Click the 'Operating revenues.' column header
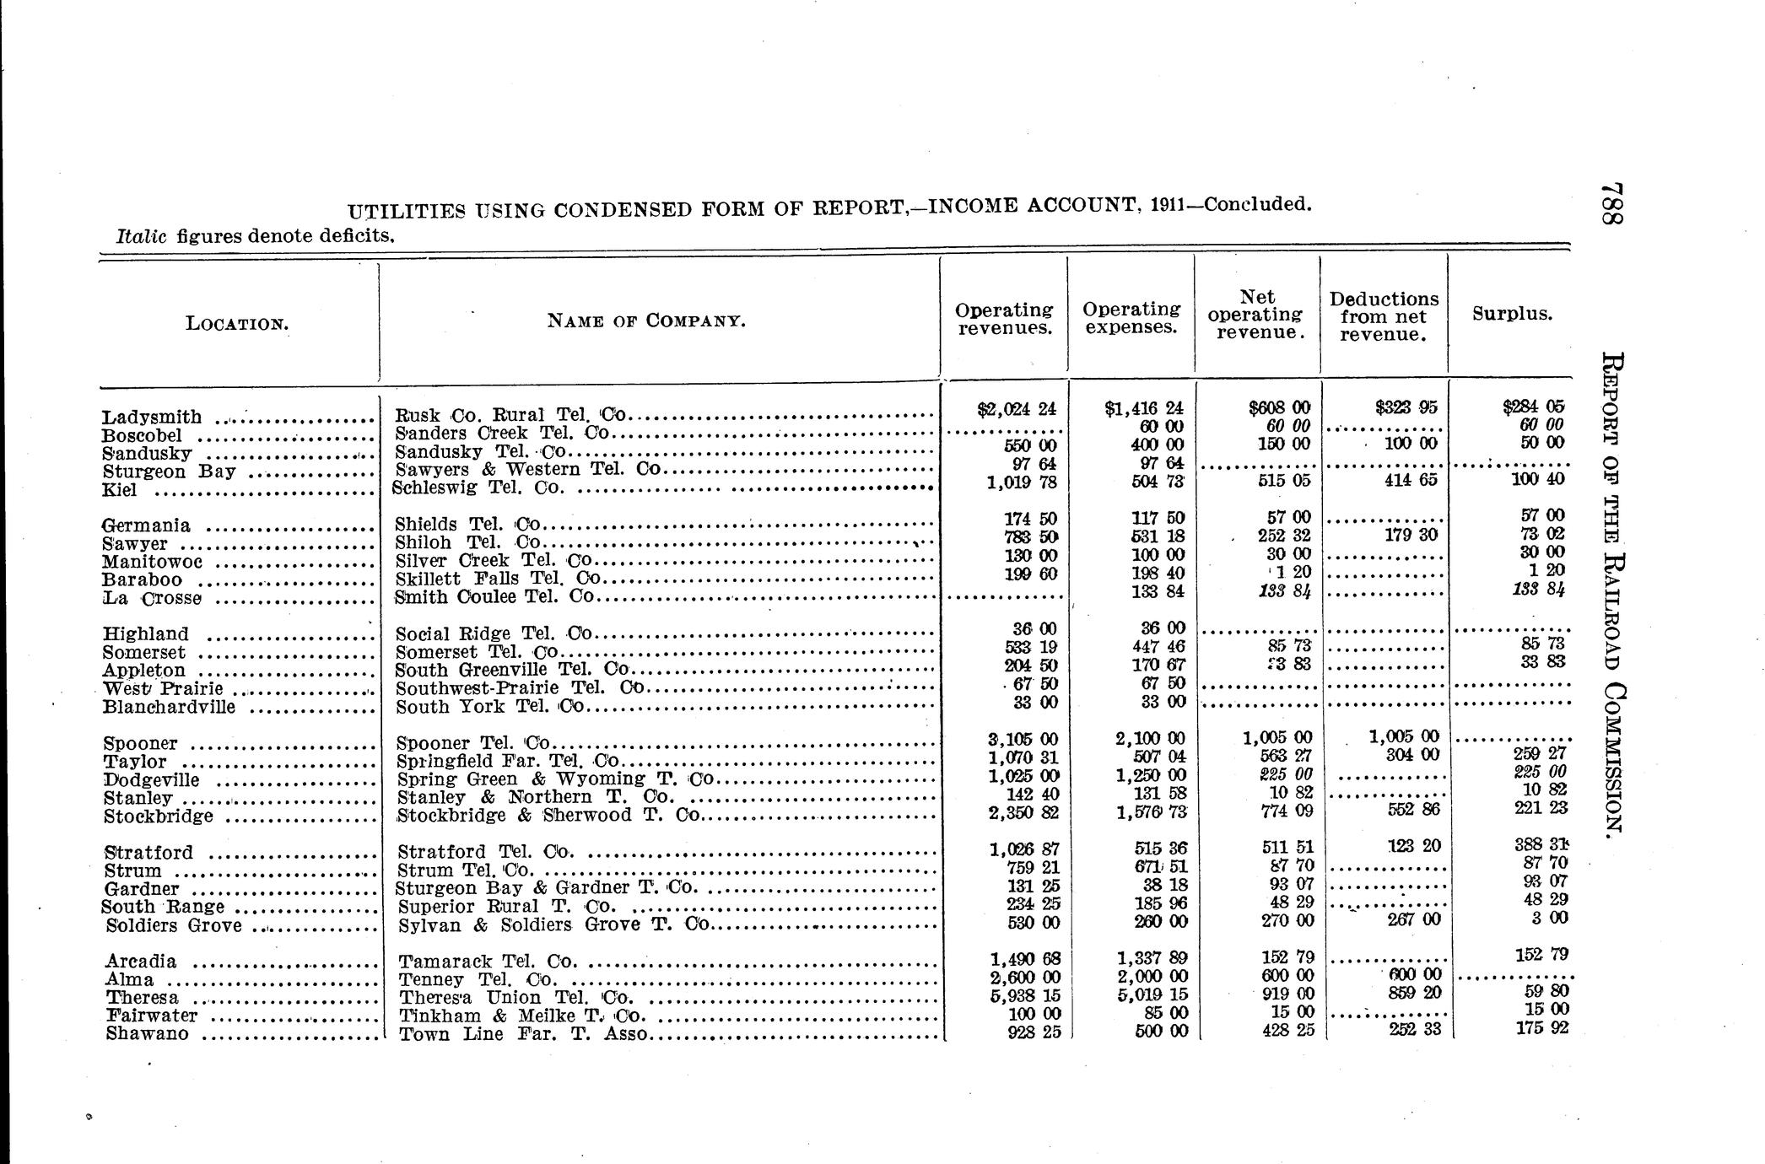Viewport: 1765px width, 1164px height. point(1004,319)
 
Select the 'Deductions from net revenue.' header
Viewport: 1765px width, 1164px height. point(1384,316)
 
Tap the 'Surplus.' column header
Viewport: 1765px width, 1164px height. point(1512,314)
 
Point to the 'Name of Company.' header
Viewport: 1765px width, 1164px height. point(646,321)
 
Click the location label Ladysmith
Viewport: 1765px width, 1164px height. point(152,418)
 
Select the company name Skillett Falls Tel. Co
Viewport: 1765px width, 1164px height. point(498,579)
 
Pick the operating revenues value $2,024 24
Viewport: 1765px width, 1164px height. point(1016,409)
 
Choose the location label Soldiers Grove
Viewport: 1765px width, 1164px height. point(174,926)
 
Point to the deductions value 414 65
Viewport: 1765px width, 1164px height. point(1407,480)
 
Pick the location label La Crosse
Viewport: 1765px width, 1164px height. point(152,599)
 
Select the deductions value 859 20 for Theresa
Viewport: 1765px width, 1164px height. point(1413,994)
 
